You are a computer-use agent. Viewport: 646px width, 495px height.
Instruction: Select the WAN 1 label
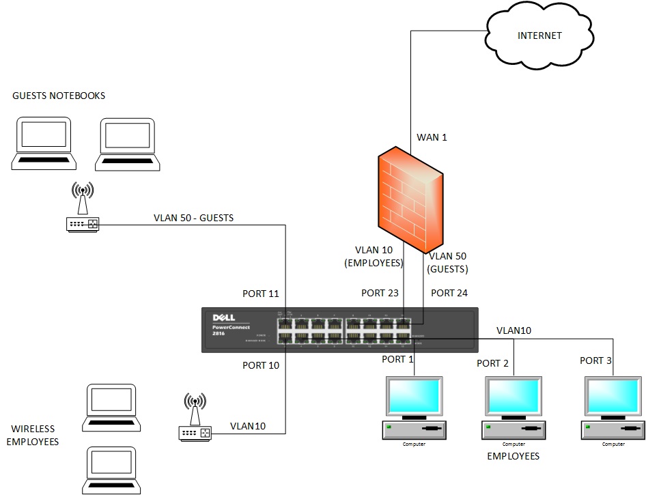(432, 137)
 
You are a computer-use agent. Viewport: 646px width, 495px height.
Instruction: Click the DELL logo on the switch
(223, 317)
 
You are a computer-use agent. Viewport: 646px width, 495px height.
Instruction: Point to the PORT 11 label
(261, 294)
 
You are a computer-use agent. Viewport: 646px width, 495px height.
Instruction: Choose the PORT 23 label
(380, 293)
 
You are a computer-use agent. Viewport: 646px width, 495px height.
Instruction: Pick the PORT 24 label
(449, 293)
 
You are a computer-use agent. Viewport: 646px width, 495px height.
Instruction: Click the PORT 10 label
(261, 365)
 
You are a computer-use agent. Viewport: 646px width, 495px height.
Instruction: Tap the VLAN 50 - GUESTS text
(194, 218)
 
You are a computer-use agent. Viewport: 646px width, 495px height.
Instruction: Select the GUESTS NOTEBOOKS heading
(59, 96)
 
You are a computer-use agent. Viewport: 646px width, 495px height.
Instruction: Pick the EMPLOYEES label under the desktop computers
(513, 456)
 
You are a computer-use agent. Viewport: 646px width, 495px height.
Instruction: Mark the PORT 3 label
(595, 360)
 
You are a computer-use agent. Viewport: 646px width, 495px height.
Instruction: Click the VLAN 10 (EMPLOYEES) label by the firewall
(374, 256)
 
